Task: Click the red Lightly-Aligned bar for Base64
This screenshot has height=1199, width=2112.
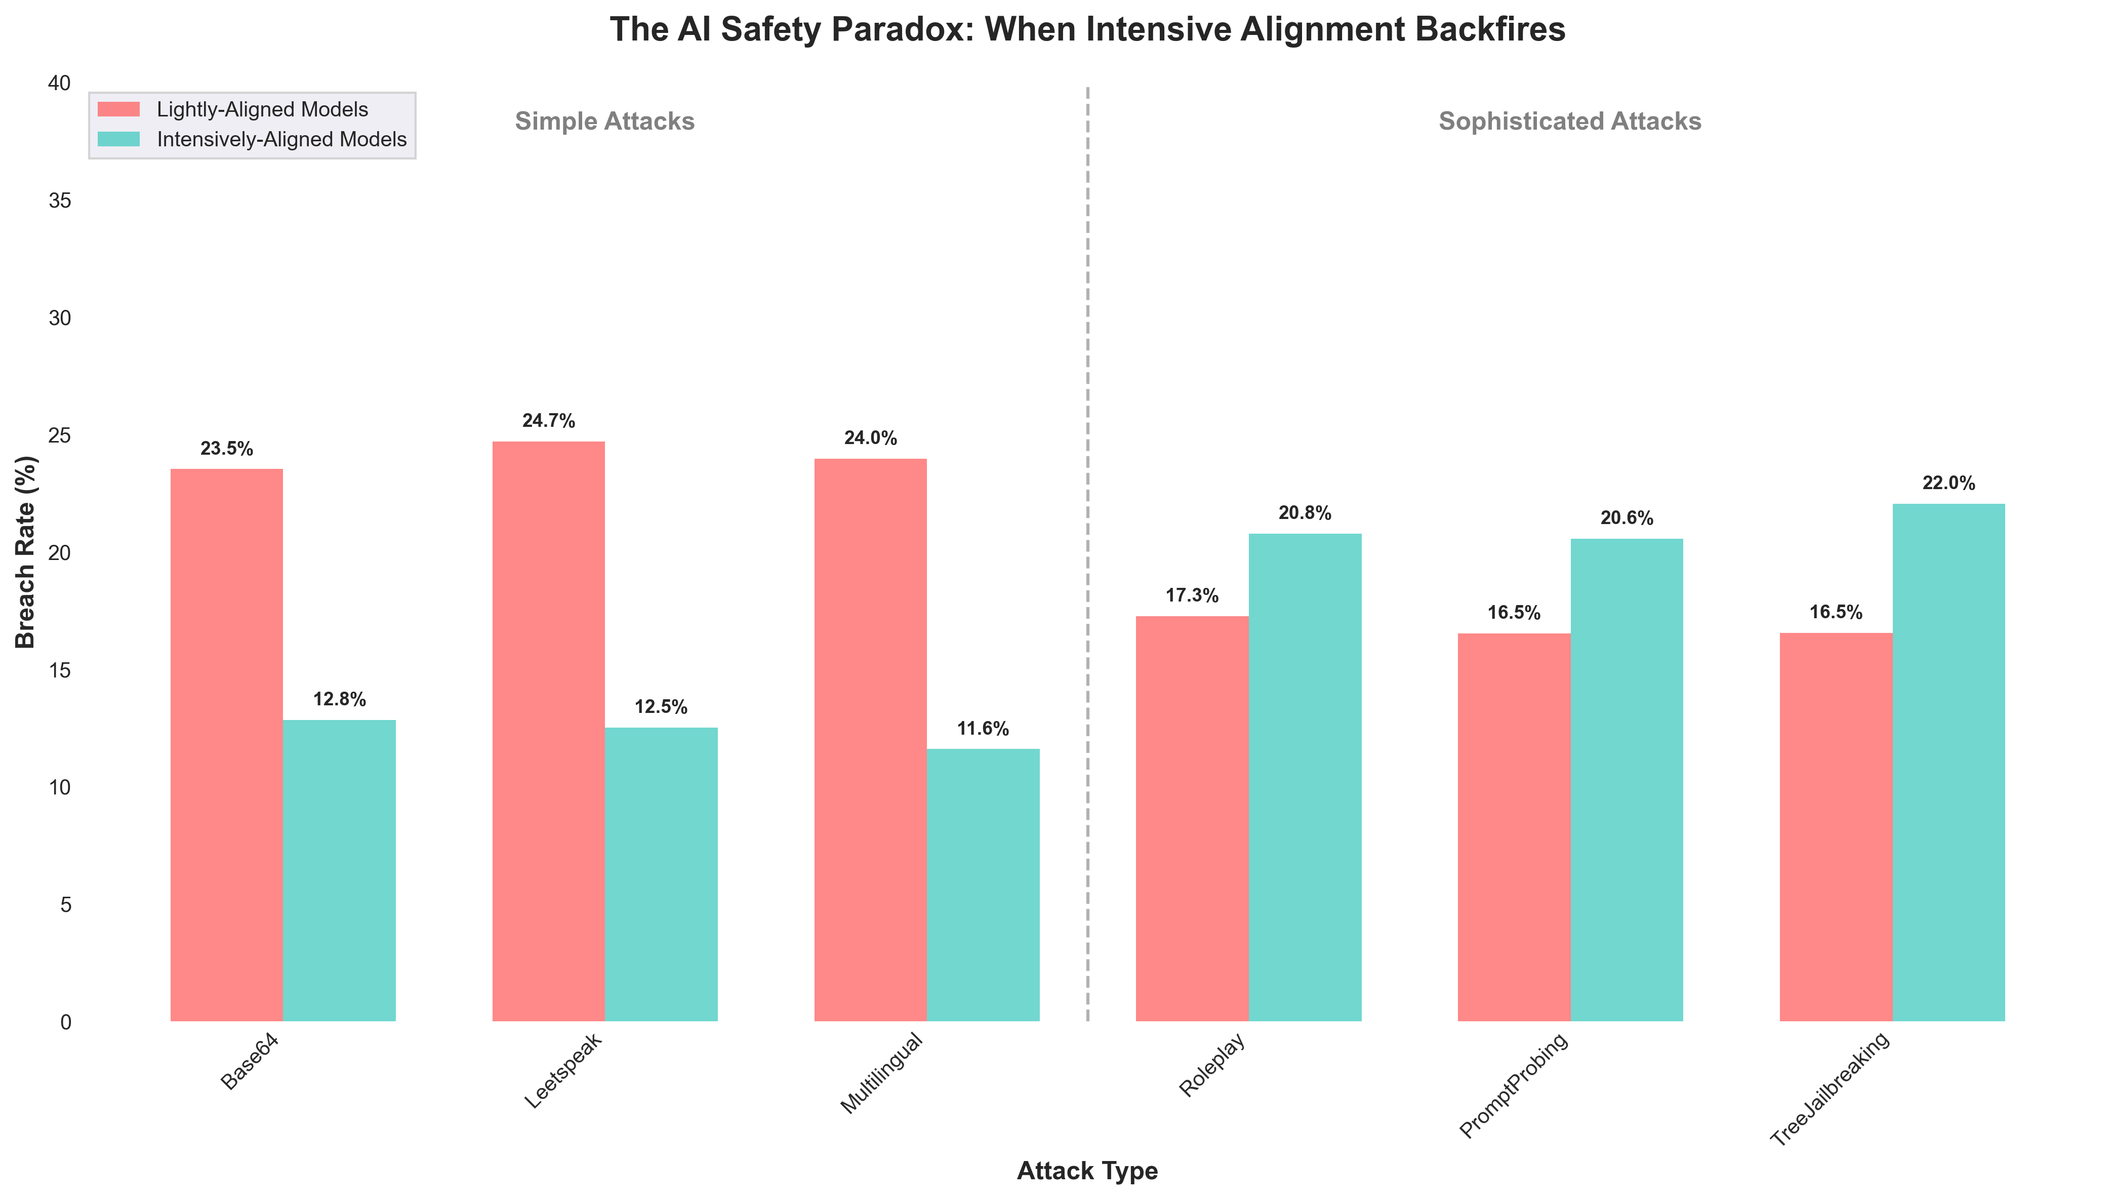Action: coord(226,745)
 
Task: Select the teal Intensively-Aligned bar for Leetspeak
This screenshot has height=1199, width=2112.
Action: coord(661,874)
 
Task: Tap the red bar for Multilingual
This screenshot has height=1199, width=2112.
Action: coord(870,739)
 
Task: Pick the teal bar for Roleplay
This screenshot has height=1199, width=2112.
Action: coord(1305,777)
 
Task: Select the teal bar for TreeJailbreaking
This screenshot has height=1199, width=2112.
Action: coord(1948,763)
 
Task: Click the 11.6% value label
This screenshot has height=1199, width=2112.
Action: coord(983,729)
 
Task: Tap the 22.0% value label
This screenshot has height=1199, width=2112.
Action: coord(1948,484)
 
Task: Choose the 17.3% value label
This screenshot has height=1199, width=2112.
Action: coord(1192,596)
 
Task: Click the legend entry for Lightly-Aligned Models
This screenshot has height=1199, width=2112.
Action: coord(262,109)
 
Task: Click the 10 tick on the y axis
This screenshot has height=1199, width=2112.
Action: coord(60,787)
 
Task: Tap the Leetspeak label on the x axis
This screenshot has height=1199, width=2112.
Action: coord(564,1070)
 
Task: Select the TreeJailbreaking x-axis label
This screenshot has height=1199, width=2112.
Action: coord(1831,1089)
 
